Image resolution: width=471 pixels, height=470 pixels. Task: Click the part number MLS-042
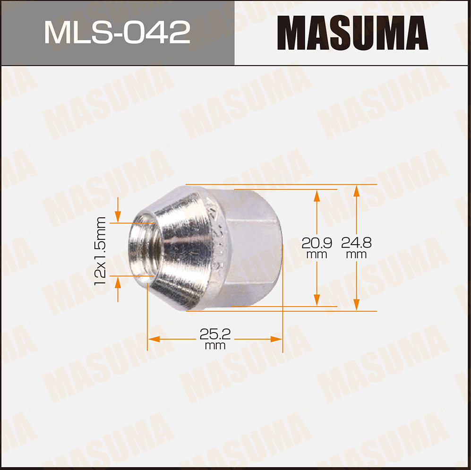(117, 32)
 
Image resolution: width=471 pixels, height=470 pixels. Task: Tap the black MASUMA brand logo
(352, 33)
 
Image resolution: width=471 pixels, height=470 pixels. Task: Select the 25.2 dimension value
(215, 334)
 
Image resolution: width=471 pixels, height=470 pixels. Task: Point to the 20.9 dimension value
(317, 243)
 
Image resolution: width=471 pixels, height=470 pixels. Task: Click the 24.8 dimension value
(356, 243)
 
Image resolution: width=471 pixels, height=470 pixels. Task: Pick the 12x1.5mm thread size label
(100, 251)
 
